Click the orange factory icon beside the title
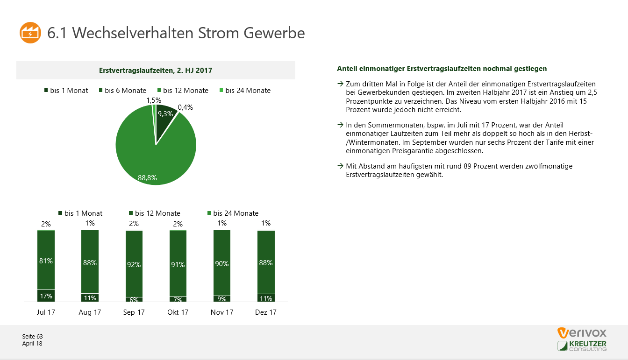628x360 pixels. [x=30, y=33]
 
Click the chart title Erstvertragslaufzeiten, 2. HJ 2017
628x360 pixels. [x=156, y=71]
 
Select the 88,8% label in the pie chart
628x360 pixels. [x=147, y=177]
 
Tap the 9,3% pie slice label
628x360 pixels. [x=165, y=113]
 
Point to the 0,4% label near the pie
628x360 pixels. [x=185, y=107]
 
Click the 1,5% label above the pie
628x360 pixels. [x=154, y=100]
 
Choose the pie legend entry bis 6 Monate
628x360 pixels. [x=122, y=91]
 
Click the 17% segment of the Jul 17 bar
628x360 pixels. [x=46, y=296]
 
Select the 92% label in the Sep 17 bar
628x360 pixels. [x=134, y=264]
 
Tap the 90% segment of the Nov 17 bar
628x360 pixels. [x=222, y=264]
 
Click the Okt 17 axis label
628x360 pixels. [x=178, y=312]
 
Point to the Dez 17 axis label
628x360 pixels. [x=266, y=312]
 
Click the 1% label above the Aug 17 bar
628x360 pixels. [x=90, y=223]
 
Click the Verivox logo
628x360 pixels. [x=582, y=333]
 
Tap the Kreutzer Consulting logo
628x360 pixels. [x=582, y=346]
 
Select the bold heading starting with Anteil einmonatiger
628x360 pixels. [x=442, y=69]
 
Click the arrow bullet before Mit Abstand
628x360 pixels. [x=340, y=166]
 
